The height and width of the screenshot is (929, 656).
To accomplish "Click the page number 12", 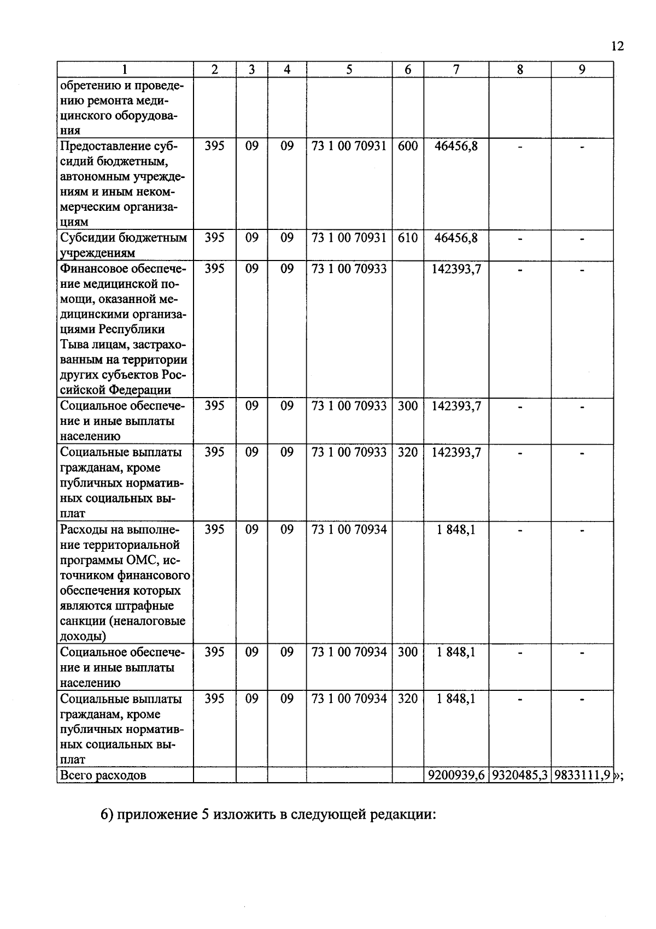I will (x=617, y=46).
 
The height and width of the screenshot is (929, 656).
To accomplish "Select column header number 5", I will (x=349, y=69).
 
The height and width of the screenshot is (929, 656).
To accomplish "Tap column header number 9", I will (x=582, y=69).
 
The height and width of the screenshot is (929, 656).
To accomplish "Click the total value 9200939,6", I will (x=456, y=776).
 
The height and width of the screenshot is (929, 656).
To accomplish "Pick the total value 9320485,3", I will (x=520, y=776).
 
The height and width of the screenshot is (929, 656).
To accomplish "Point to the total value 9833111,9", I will (x=582, y=776).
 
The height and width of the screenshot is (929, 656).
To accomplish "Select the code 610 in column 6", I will (x=408, y=238).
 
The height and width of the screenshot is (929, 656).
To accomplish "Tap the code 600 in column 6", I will (x=408, y=146).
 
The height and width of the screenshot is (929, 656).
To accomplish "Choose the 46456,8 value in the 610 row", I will (x=456, y=238).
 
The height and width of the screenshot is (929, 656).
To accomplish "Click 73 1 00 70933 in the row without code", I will (x=349, y=269).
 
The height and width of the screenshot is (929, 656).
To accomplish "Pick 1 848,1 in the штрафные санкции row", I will (x=456, y=530).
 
